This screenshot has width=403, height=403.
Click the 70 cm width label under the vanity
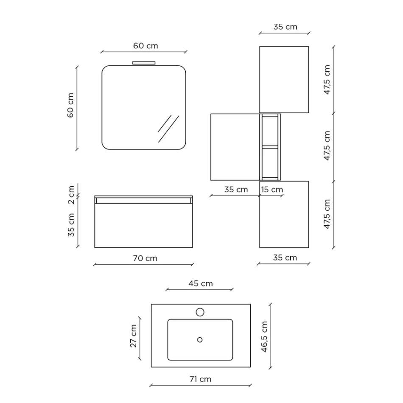click(145, 258)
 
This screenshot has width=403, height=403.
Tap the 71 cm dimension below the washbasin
click(200, 379)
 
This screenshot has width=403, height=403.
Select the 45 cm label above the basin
click(201, 283)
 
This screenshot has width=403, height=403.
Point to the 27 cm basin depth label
click(134, 336)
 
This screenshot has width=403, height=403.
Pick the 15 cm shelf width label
click(272, 190)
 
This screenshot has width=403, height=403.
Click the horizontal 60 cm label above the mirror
click(146, 46)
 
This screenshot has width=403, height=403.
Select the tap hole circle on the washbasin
click(200, 312)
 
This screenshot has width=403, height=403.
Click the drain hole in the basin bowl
click(200, 339)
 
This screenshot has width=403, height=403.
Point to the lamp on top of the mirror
click(144, 63)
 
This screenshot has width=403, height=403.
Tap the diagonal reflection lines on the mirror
click(168, 128)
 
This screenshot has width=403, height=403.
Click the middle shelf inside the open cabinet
click(270, 146)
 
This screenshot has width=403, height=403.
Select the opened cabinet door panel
click(235, 147)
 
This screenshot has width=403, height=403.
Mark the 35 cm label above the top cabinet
click(285, 27)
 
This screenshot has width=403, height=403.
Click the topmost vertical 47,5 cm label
click(327, 80)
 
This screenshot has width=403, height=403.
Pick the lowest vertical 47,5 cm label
click(327, 214)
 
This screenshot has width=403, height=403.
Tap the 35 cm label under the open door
click(236, 190)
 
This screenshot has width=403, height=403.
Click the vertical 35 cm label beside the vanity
click(71, 224)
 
